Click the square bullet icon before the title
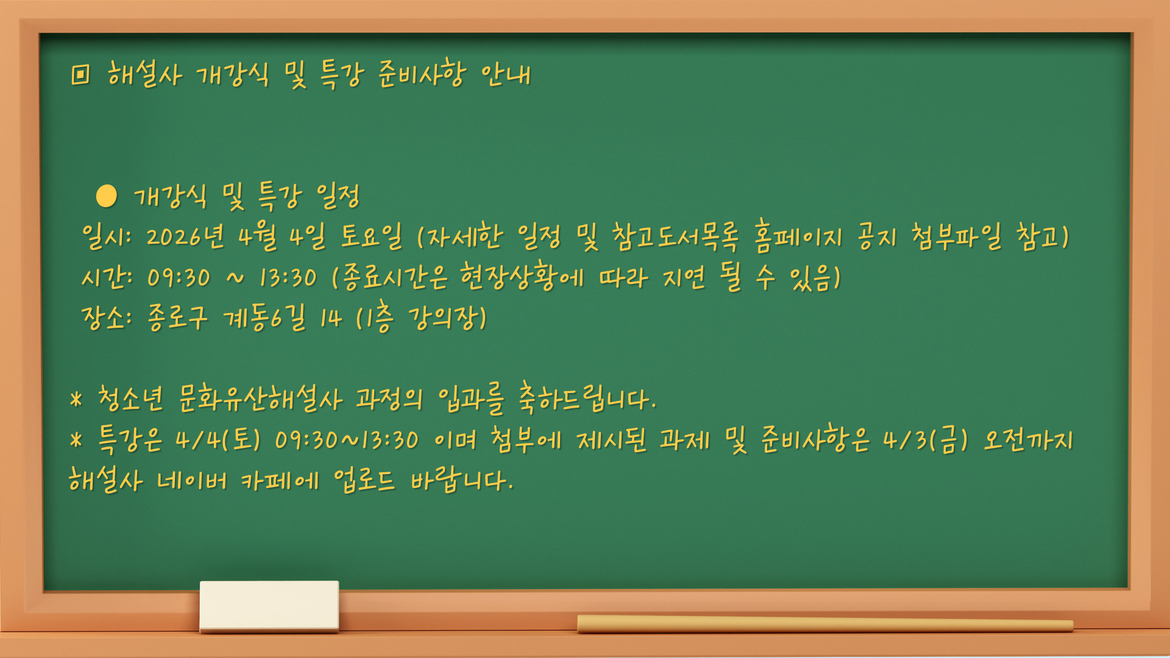[x=80, y=74]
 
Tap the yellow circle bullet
[x=107, y=196]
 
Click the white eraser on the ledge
[x=269, y=606]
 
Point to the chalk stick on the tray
[x=825, y=624]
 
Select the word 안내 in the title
[x=506, y=75]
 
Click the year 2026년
[x=185, y=236]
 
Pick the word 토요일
[x=371, y=236]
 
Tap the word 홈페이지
[x=798, y=236]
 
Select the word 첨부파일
[x=957, y=236]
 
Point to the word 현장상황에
[x=522, y=277]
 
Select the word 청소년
[x=130, y=399]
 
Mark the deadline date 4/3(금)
[x=925, y=440]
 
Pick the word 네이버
[x=191, y=481]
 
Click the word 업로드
[x=364, y=481]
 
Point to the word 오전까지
[x=1029, y=440]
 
